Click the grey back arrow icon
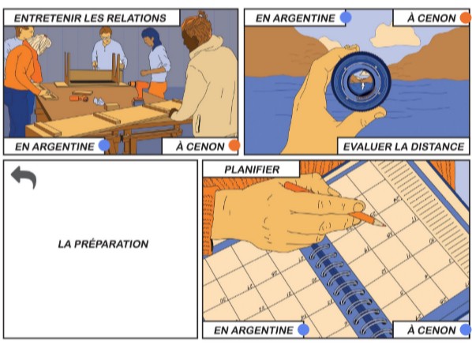(24, 177)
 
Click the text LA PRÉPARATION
(103, 244)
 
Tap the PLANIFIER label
(252, 170)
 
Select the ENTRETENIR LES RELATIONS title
(90, 18)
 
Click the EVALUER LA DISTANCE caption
(403, 147)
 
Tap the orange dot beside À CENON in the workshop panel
(234, 145)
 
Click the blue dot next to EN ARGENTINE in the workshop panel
(104, 146)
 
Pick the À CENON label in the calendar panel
(432, 330)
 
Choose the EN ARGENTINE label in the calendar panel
(253, 330)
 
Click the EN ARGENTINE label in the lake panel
(295, 18)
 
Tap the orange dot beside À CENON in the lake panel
(466, 17)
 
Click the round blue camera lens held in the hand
(361, 80)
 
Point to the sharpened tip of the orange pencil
(384, 226)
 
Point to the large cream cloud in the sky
(395, 36)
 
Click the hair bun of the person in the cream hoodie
(201, 15)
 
